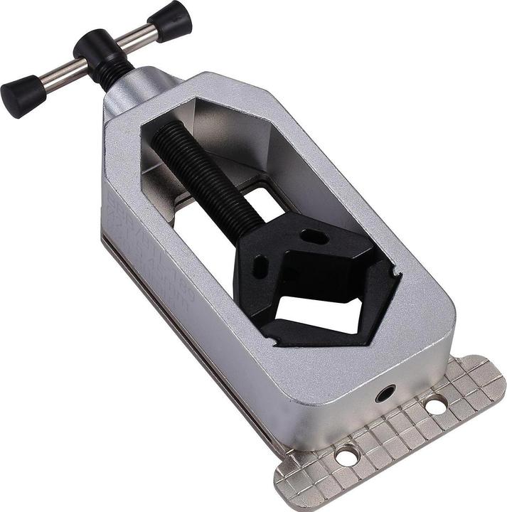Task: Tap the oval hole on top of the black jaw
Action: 313,236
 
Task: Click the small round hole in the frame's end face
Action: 386,393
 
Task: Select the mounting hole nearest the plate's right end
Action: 435,405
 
